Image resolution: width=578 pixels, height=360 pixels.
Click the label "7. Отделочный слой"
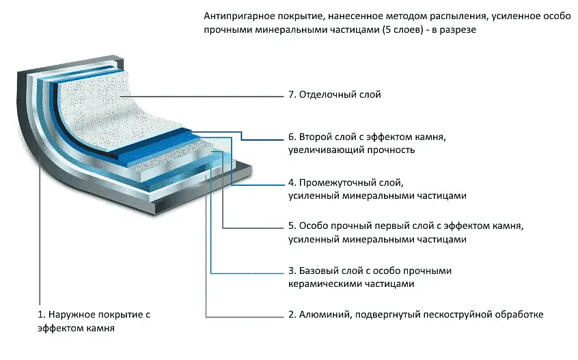335,95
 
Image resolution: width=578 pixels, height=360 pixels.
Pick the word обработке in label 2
521,315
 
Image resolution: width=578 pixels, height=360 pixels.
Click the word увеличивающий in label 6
325,150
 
